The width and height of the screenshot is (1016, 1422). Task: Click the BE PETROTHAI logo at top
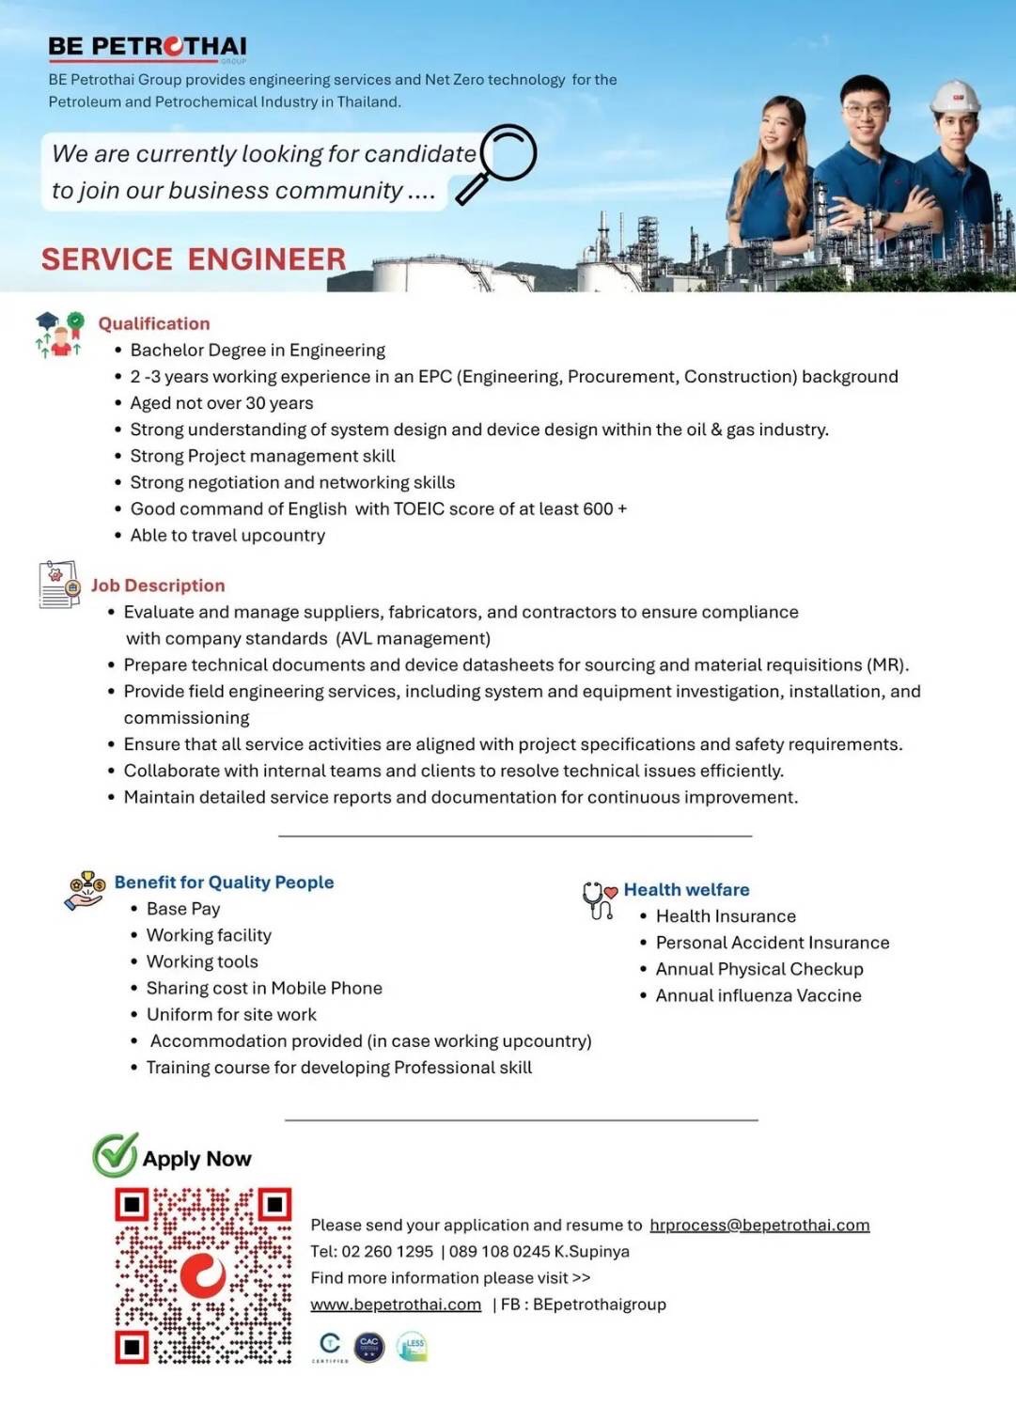(148, 47)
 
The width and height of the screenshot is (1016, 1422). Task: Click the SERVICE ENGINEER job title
(194, 259)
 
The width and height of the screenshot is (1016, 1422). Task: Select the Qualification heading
(154, 323)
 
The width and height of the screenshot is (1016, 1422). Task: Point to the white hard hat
(954, 97)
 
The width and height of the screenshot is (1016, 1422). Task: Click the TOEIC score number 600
(598, 508)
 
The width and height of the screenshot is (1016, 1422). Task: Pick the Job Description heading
(158, 586)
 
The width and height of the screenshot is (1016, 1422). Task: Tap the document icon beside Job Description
(59, 585)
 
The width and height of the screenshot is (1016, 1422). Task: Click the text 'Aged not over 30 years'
(222, 403)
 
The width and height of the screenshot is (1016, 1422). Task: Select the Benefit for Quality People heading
(224, 882)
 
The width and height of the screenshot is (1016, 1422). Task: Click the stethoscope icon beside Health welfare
(598, 899)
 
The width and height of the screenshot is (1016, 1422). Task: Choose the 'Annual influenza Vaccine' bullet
(758, 995)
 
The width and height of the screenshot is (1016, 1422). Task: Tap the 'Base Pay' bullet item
(183, 909)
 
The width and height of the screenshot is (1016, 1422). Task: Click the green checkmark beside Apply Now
(115, 1155)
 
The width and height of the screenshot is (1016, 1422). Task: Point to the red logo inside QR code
(203, 1275)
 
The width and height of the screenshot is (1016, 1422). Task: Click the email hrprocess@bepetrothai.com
(759, 1225)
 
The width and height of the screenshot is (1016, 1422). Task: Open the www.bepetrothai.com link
(396, 1305)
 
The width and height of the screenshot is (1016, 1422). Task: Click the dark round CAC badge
(369, 1347)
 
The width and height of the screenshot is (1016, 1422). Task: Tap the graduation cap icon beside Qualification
(47, 321)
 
